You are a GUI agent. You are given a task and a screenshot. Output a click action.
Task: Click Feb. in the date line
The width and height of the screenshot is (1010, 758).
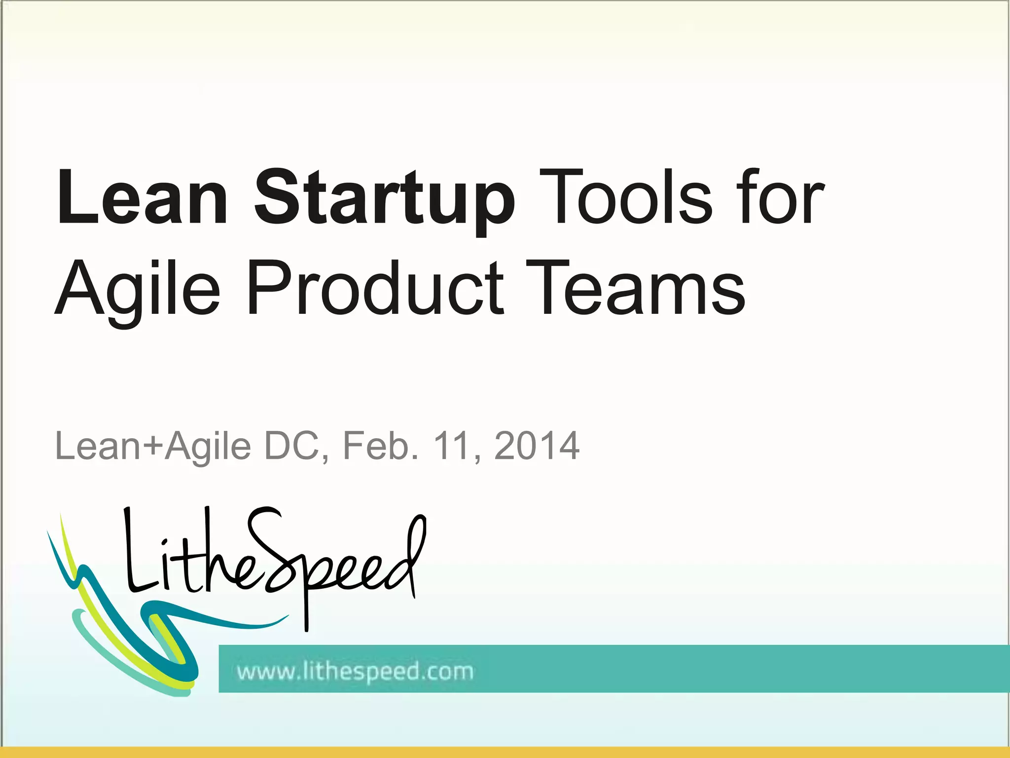click(380, 446)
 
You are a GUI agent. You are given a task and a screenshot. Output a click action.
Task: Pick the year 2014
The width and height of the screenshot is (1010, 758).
click(537, 446)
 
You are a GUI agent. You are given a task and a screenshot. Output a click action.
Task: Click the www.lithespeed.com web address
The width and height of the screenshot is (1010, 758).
click(355, 672)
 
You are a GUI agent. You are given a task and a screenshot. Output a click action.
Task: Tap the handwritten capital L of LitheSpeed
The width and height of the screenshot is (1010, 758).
click(136, 553)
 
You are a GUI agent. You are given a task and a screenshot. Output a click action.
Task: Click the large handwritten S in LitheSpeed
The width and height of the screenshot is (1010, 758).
click(269, 548)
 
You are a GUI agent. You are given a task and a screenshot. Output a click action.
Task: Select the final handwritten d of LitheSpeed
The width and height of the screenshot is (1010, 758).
click(407, 558)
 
